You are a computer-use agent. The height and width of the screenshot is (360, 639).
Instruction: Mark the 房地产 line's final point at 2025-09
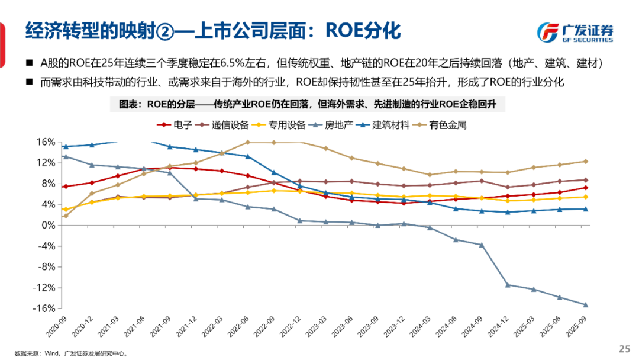coord(585,305)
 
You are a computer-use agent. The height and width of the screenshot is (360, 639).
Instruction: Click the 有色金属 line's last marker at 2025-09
coord(585,161)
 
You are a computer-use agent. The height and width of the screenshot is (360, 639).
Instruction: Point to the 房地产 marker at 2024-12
coord(507,285)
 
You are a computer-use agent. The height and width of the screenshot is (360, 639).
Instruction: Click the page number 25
coord(624,348)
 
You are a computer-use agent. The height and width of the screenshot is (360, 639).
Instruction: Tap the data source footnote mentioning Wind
coord(71,353)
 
